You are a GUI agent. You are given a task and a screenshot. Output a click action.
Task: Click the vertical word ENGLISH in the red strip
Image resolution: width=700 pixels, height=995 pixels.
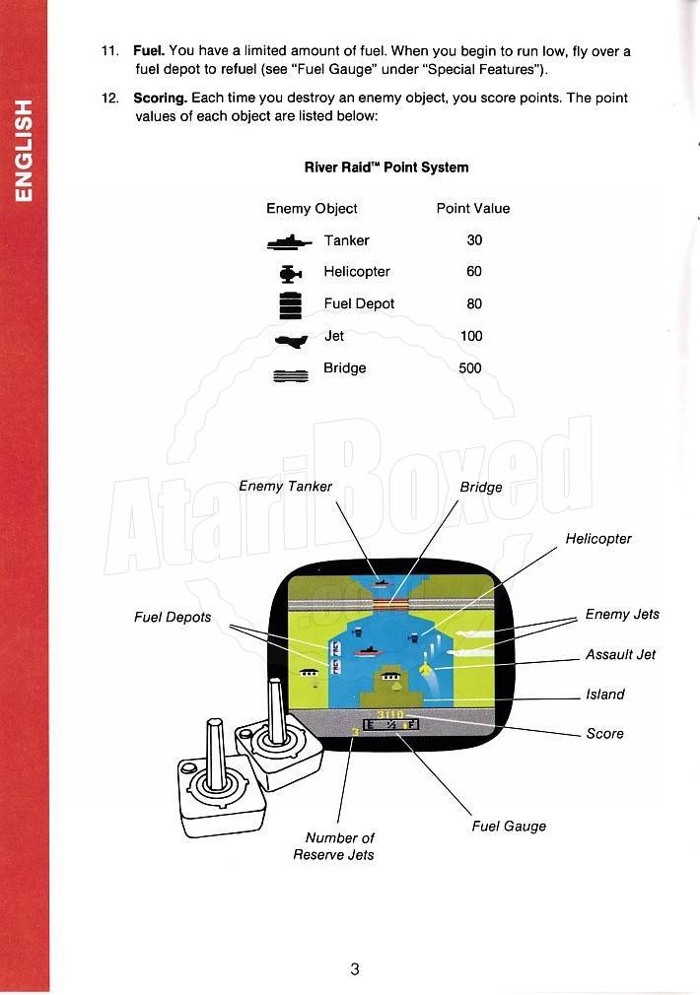(23, 151)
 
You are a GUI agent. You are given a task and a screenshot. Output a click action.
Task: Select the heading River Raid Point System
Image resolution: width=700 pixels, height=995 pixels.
(386, 167)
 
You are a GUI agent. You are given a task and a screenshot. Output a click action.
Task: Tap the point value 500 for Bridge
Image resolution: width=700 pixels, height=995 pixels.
(470, 368)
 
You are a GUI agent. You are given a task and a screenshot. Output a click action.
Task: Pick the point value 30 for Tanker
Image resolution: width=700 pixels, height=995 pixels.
(474, 239)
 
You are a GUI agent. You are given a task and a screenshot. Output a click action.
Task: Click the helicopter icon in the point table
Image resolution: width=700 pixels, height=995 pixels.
(290, 274)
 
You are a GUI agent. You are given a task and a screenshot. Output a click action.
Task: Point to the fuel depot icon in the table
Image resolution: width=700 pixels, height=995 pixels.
(290, 305)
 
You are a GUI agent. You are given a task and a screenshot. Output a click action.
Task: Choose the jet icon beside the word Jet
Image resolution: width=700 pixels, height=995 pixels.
(292, 341)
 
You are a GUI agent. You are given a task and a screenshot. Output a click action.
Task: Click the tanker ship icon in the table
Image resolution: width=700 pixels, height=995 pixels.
(290, 241)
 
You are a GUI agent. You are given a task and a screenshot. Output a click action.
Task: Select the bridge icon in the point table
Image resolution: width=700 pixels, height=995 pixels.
(291, 375)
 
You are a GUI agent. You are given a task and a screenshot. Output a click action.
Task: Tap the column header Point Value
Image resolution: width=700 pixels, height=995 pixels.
(473, 208)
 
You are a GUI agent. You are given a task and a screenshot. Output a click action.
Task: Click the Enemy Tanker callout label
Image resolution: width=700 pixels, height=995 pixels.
(285, 486)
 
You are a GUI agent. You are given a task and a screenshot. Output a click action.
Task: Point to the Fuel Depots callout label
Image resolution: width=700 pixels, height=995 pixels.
(173, 617)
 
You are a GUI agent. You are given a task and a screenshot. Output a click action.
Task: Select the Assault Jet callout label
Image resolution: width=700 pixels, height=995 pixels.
(620, 654)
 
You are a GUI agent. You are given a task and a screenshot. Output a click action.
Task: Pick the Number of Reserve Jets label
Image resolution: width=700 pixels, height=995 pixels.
(333, 846)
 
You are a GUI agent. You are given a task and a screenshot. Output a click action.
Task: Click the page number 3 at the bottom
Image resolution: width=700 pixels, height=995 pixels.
(355, 969)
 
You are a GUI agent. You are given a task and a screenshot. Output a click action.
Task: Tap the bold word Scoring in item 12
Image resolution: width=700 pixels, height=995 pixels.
(160, 99)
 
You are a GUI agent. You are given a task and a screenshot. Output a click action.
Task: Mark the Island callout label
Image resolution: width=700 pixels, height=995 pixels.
(604, 695)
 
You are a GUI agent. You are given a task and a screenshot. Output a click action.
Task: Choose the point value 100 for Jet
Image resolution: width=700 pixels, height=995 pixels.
(471, 336)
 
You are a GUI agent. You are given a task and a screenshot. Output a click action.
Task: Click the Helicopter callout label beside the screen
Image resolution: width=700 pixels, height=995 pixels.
(598, 539)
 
